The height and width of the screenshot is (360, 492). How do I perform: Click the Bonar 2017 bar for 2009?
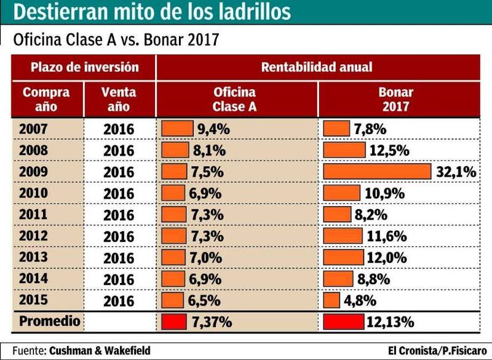377,171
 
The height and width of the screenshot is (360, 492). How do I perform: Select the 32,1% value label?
456,172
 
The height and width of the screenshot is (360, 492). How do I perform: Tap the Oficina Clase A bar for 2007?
177,128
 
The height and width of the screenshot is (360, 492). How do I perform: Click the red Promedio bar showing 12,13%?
343,321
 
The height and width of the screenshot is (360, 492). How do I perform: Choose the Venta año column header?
119,98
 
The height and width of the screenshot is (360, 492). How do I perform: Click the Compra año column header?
46,98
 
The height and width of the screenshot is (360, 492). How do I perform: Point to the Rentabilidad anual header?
317,66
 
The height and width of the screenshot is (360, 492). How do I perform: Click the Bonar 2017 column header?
396,98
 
